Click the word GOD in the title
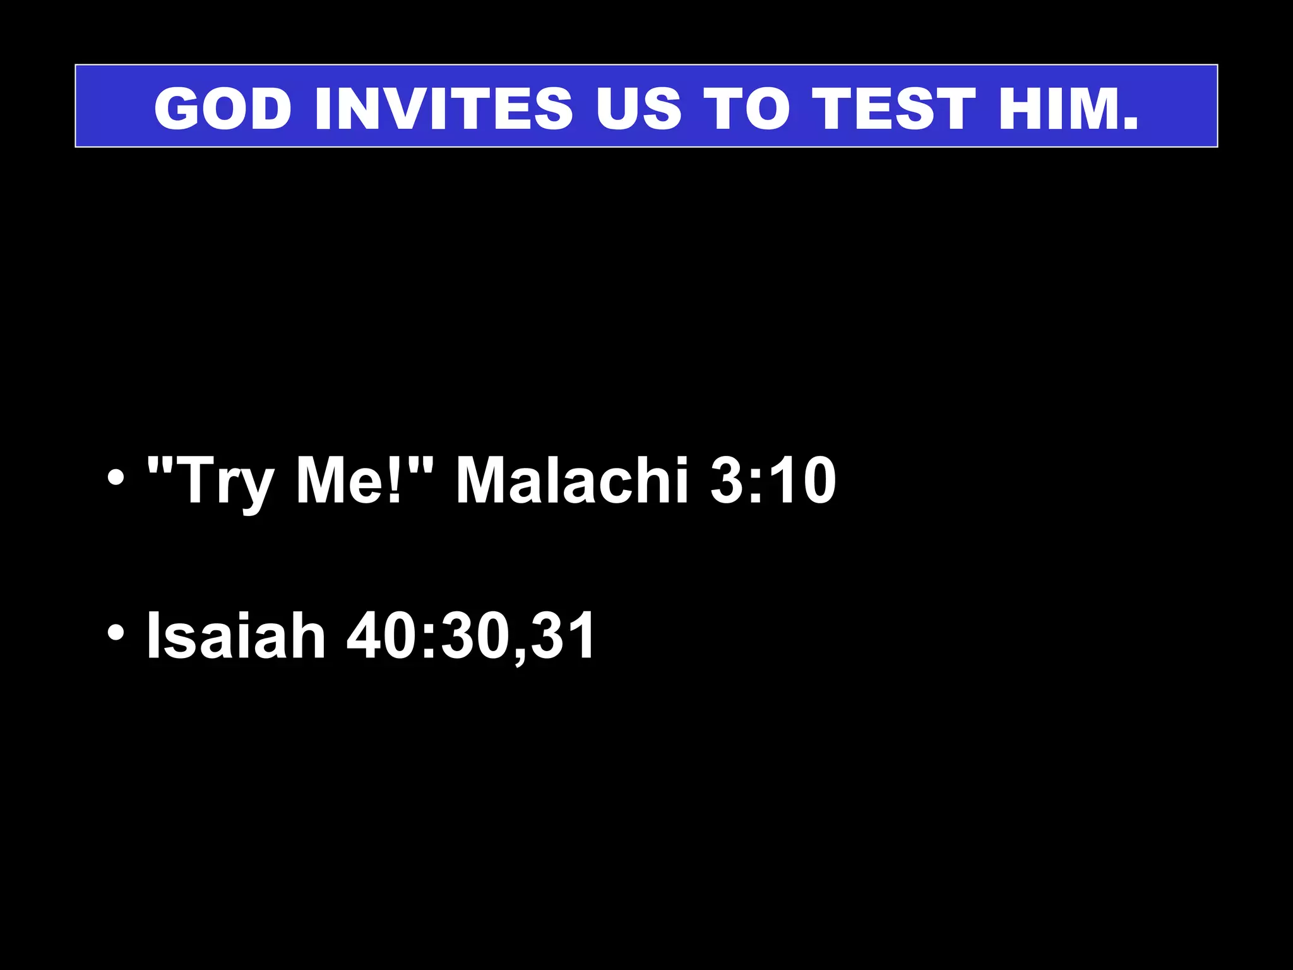point(223,108)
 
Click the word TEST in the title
point(893,108)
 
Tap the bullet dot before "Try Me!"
point(116,478)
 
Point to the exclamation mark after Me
point(395,480)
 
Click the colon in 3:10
point(757,483)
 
